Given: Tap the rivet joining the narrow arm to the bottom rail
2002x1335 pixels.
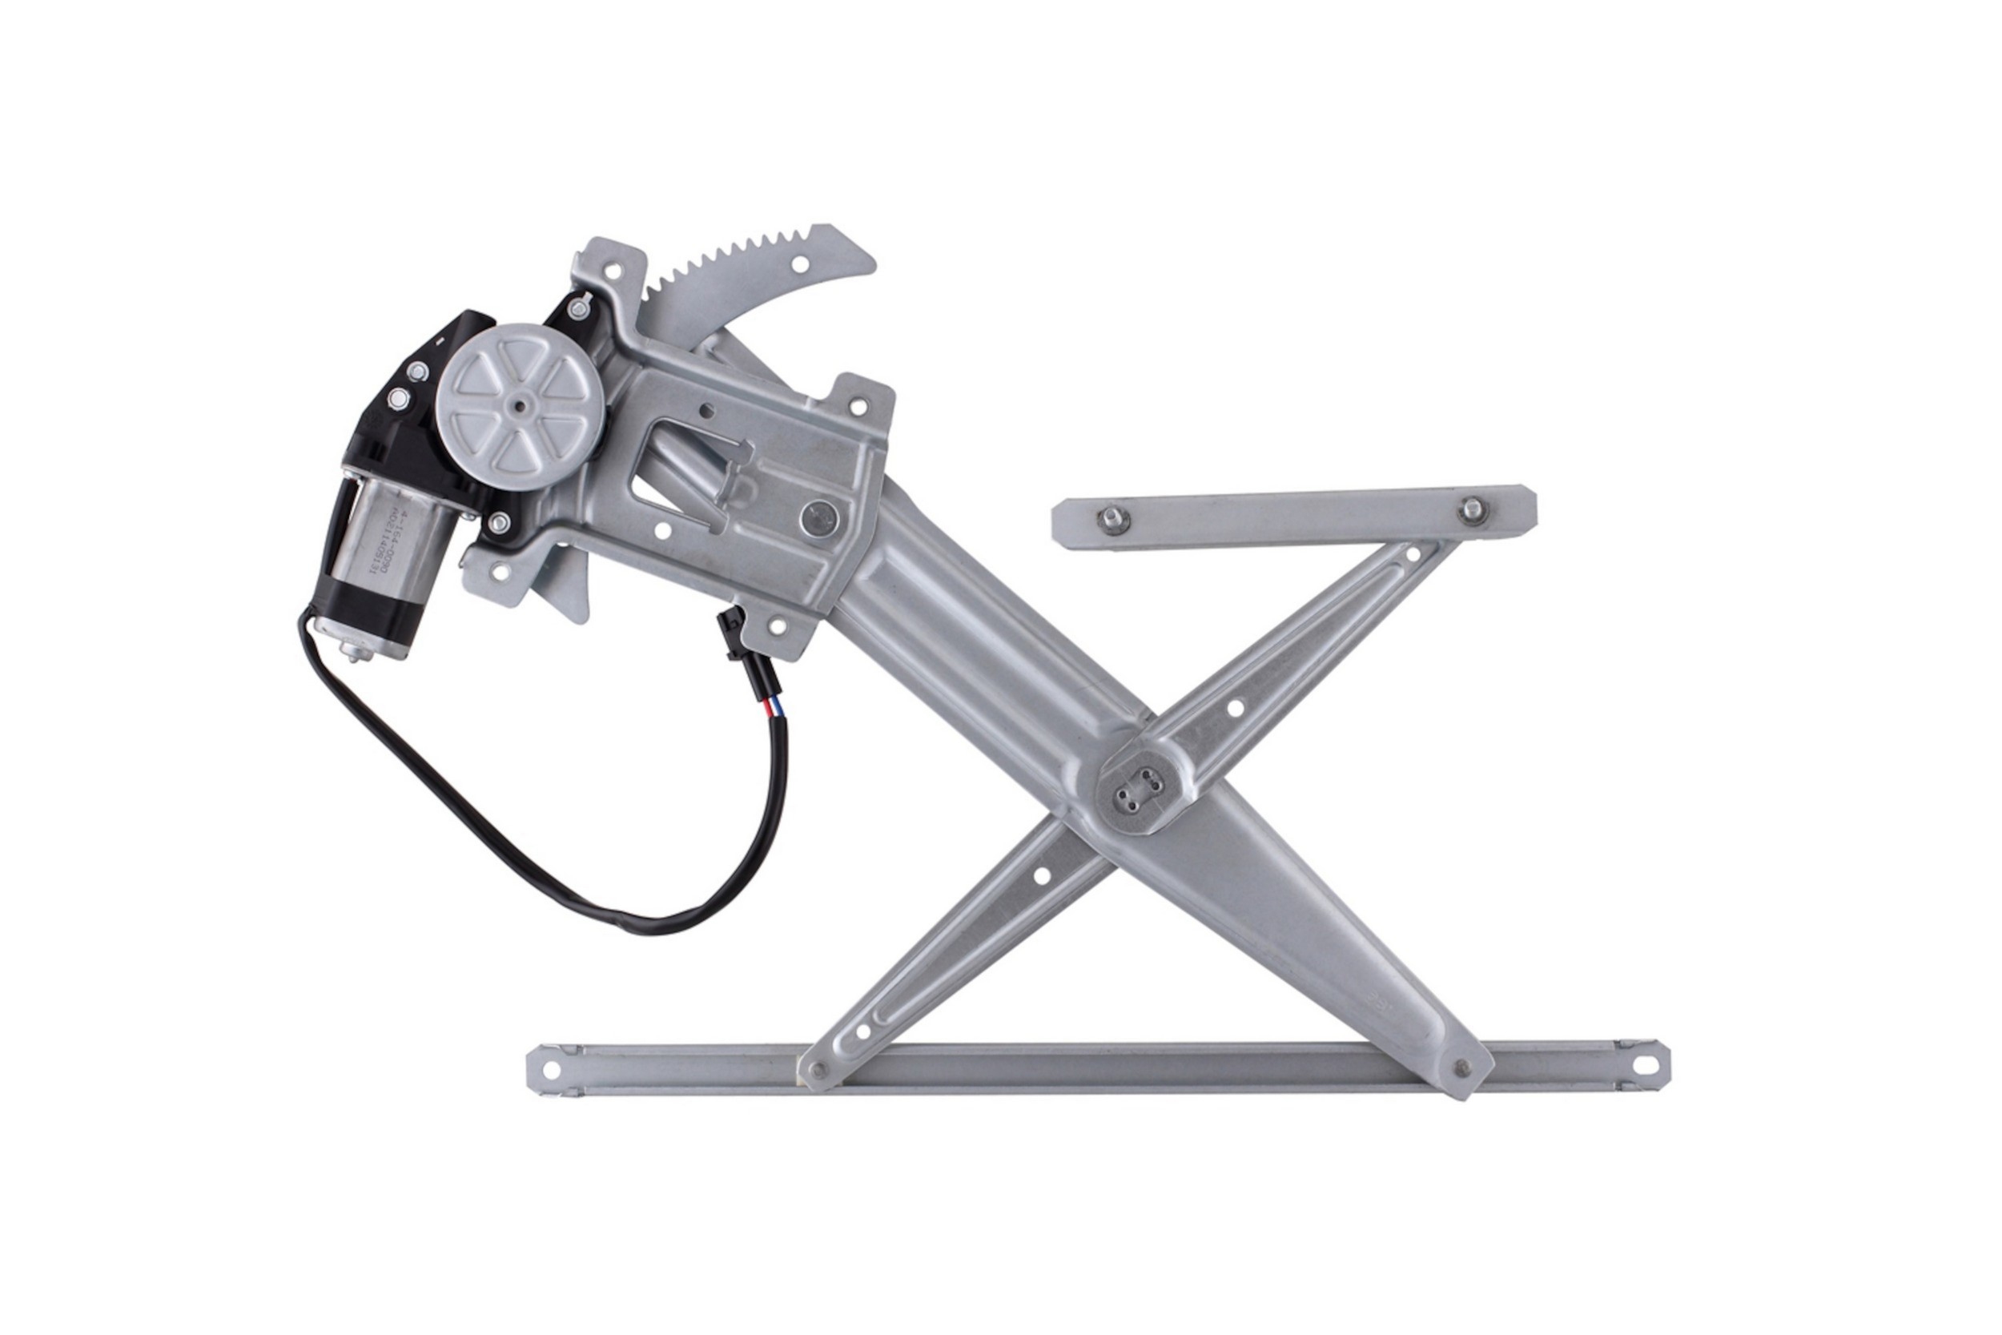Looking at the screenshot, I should coord(819,1070).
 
